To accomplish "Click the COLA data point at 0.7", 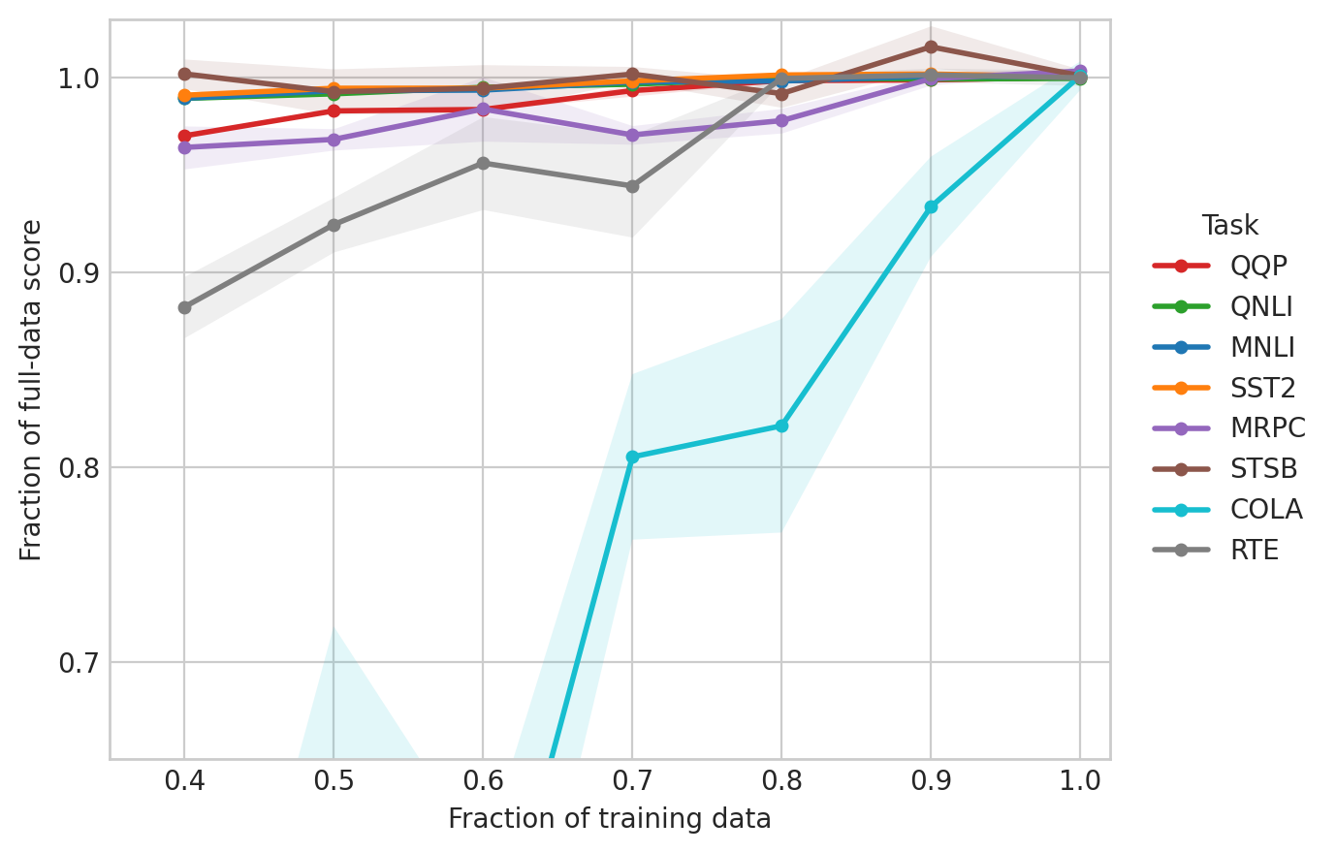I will (632, 457).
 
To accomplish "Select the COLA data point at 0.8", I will (781, 426).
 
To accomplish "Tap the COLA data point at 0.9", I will (931, 206).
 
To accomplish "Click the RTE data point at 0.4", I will (184, 307).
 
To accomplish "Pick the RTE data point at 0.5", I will (334, 225).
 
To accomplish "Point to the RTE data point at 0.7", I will (632, 186).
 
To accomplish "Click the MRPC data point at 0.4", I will (184, 147).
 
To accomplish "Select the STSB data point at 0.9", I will (931, 47).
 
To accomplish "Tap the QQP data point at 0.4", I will (184, 136).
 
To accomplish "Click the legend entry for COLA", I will (1265, 510).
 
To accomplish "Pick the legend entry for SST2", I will (1262, 389).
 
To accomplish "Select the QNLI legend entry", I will (1260, 307).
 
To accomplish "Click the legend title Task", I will (1229, 226).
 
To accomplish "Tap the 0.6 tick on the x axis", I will (483, 781).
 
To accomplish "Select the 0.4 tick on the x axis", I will (184, 781).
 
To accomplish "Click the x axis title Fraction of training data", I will (609, 820).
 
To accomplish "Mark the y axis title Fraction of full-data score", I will (32, 390).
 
